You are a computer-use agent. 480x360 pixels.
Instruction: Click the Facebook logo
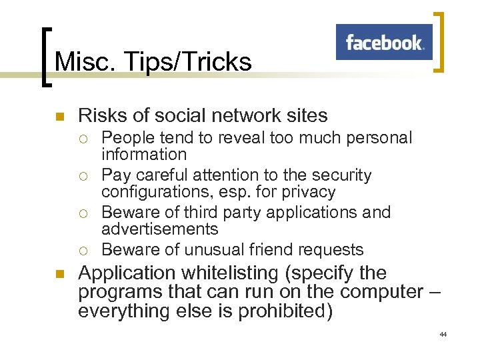[x=384, y=43]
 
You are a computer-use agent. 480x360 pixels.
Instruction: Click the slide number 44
[x=443, y=333]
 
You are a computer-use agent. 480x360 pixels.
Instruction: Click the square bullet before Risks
[x=58, y=117]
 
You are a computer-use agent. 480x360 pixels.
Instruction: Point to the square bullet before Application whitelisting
[x=58, y=274]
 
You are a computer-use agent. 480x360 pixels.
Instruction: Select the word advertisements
[x=159, y=229]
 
